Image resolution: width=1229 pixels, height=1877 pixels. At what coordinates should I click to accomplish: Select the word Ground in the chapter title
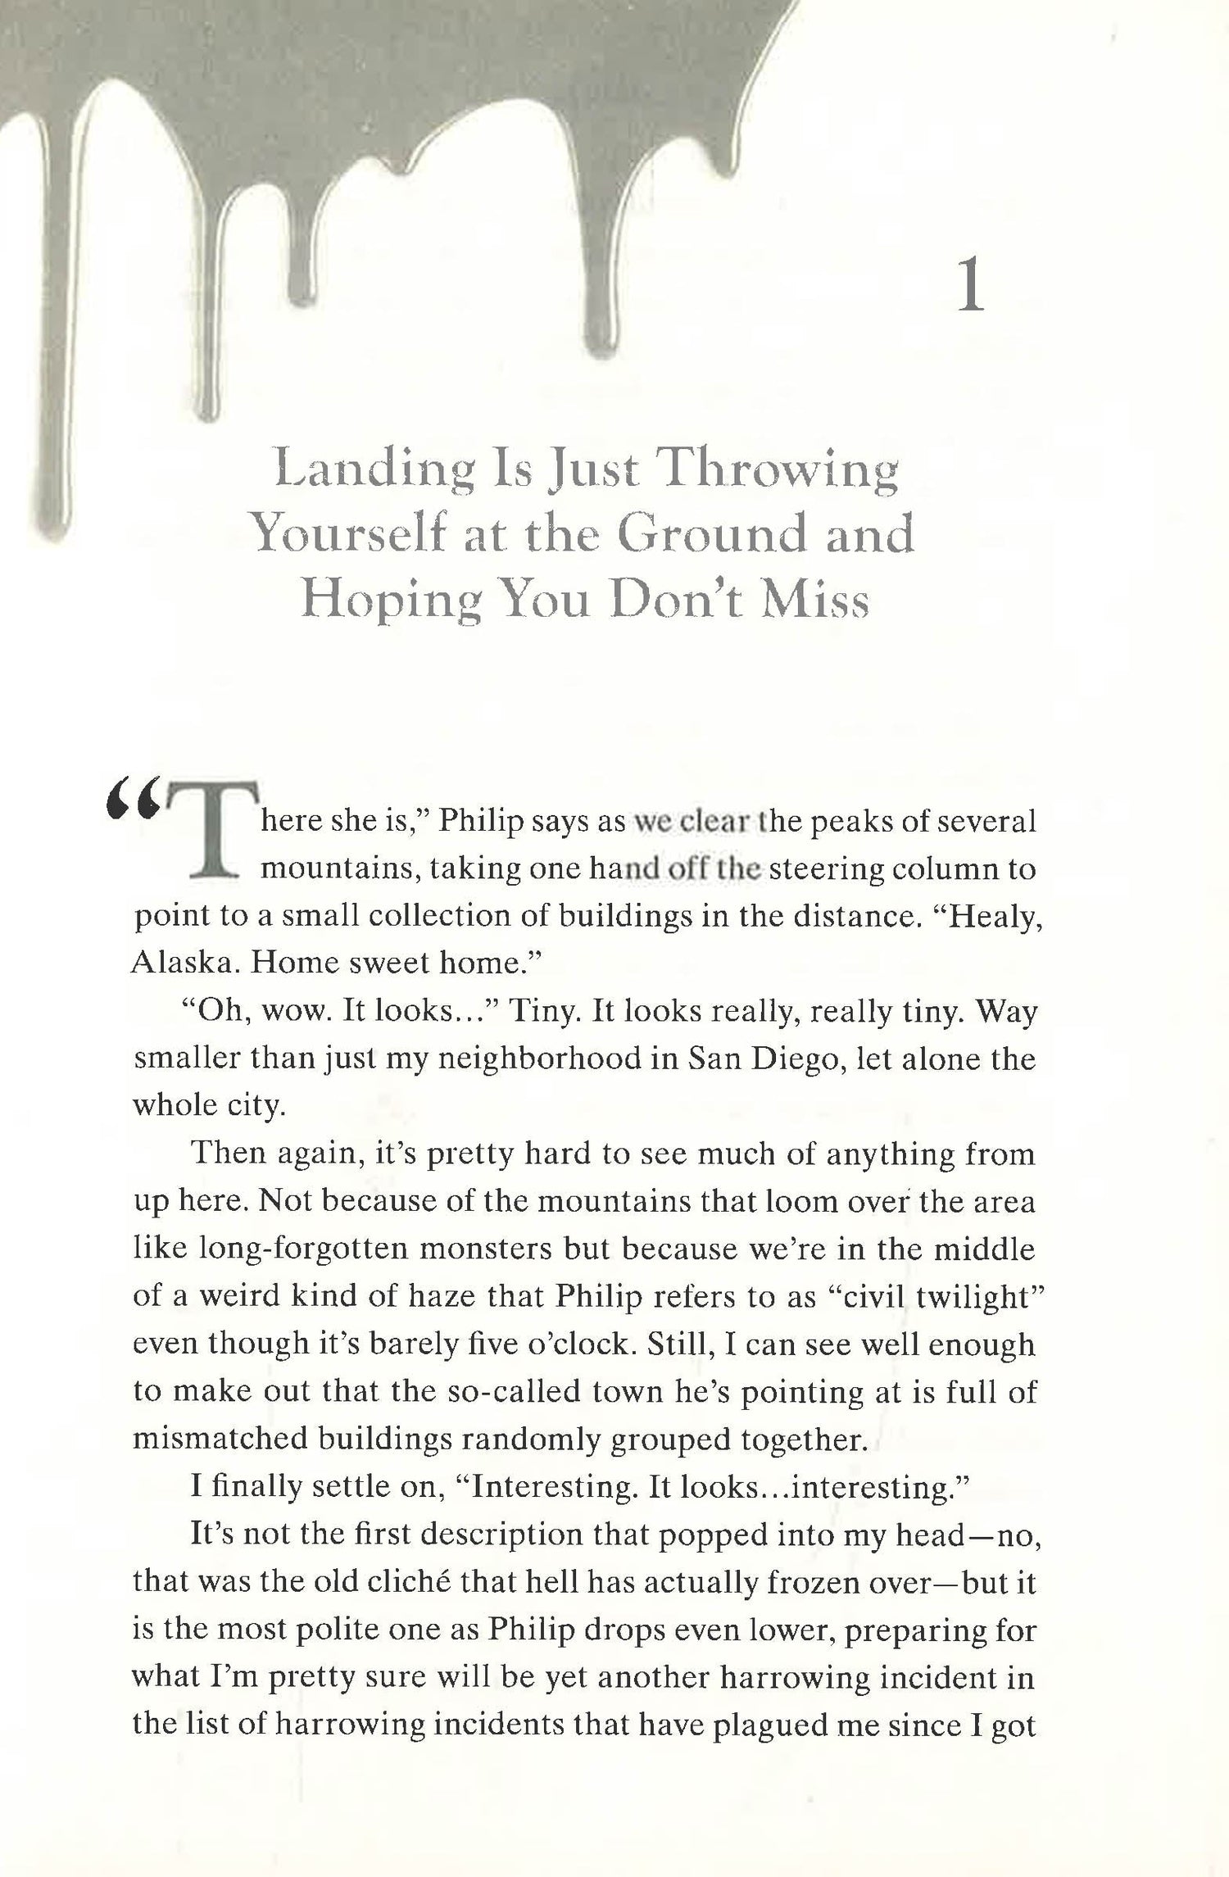coord(709,536)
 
